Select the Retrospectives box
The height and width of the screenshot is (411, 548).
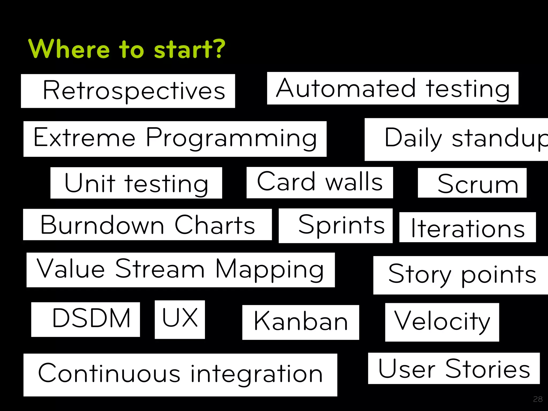pyautogui.click(x=128, y=91)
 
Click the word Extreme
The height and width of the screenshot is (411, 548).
pyautogui.click(x=85, y=138)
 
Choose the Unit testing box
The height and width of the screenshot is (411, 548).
pyautogui.click(x=136, y=183)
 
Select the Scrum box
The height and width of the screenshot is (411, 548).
pyautogui.click(x=472, y=183)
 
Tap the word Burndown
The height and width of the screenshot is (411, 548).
pyautogui.click(x=102, y=225)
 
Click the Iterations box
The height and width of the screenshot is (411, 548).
pyautogui.click(x=467, y=227)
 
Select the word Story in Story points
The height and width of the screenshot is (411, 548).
pyautogui.click(x=420, y=275)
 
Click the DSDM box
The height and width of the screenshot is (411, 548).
pyautogui.click(x=86, y=319)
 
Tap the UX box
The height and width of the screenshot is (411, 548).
pyautogui.click(x=180, y=319)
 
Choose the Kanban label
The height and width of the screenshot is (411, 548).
pyautogui.click(x=300, y=322)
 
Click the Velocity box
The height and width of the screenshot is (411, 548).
pyautogui.click(x=442, y=322)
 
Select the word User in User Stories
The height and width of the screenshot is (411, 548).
pyautogui.click(x=407, y=369)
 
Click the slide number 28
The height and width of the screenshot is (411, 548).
pyautogui.click(x=538, y=399)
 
